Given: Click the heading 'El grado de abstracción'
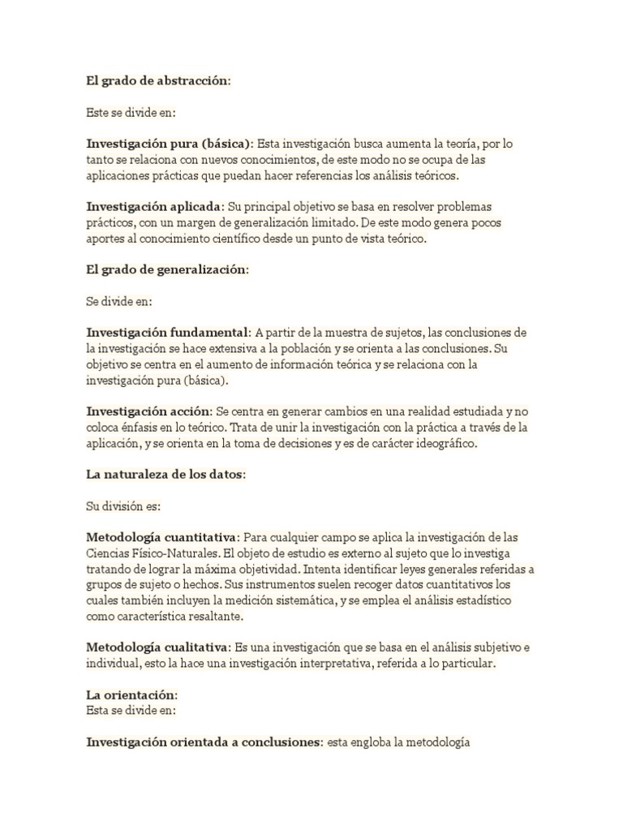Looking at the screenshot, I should coord(158,81).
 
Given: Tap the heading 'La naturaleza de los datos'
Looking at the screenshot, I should coord(167,475).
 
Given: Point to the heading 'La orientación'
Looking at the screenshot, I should coord(131,695).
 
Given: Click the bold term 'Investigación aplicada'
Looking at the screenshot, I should coord(153,206).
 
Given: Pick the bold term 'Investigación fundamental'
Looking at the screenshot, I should coord(167,333).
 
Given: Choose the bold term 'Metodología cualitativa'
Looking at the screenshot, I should coord(158,648).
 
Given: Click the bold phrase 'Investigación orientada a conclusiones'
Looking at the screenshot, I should coord(204,743).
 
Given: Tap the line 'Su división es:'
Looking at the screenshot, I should coord(124,506).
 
